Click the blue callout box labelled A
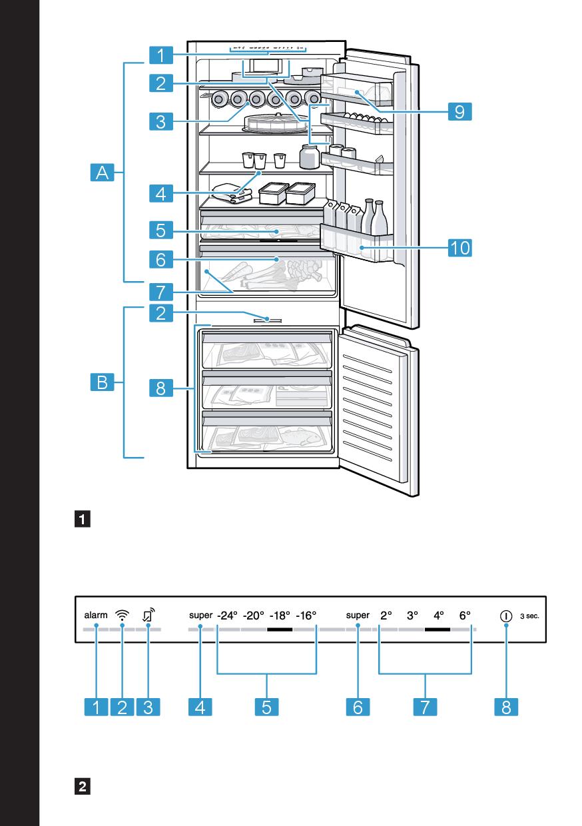pos(102,174)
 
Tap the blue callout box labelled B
pos(102,382)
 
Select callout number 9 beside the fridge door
pos(459,111)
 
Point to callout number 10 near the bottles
pos(459,248)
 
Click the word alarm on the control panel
pos(95,616)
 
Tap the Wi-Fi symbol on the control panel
pos(122,616)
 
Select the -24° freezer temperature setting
pos(227,616)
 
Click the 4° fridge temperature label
pos(439,616)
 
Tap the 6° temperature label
pos(465,616)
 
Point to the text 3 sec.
pos(529,616)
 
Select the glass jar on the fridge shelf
pos(308,157)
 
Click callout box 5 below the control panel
pos(266,707)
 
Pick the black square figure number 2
pos(84,786)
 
